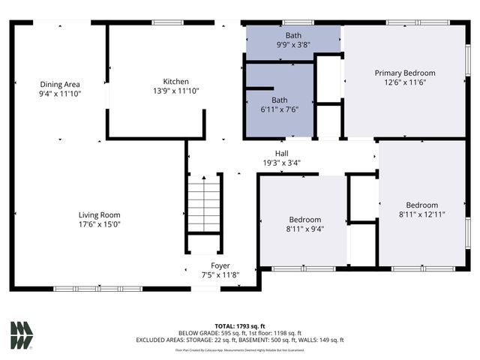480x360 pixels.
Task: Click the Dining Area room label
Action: pyautogui.click(x=60, y=84)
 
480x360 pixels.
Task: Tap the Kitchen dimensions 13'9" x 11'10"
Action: pyautogui.click(x=176, y=91)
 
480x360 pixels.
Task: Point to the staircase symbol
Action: pyautogui.click(x=204, y=203)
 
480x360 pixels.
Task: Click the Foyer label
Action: pyautogui.click(x=220, y=265)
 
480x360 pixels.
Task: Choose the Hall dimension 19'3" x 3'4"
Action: pyautogui.click(x=281, y=162)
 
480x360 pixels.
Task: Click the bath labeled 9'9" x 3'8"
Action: pyautogui.click(x=292, y=40)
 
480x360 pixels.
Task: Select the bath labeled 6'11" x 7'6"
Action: pyautogui.click(x=280, y=104)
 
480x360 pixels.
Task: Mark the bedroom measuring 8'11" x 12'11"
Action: pyautogui.click(x=422, y=209)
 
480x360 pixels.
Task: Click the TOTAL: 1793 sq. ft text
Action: pyautogui.click(x=240, y=325)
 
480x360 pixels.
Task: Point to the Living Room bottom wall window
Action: pyautogui.click(x=97, y=288)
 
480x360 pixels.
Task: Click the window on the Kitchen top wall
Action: pyautogui.click(x=168, y=22)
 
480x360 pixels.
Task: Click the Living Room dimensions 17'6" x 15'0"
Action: pyautogui.click(x=100, y=223)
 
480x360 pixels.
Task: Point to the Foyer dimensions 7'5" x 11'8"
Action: pyautogui.click(x=220, y=275)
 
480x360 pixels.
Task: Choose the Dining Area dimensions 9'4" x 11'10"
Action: pyautogui.click(x=60, y=94)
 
